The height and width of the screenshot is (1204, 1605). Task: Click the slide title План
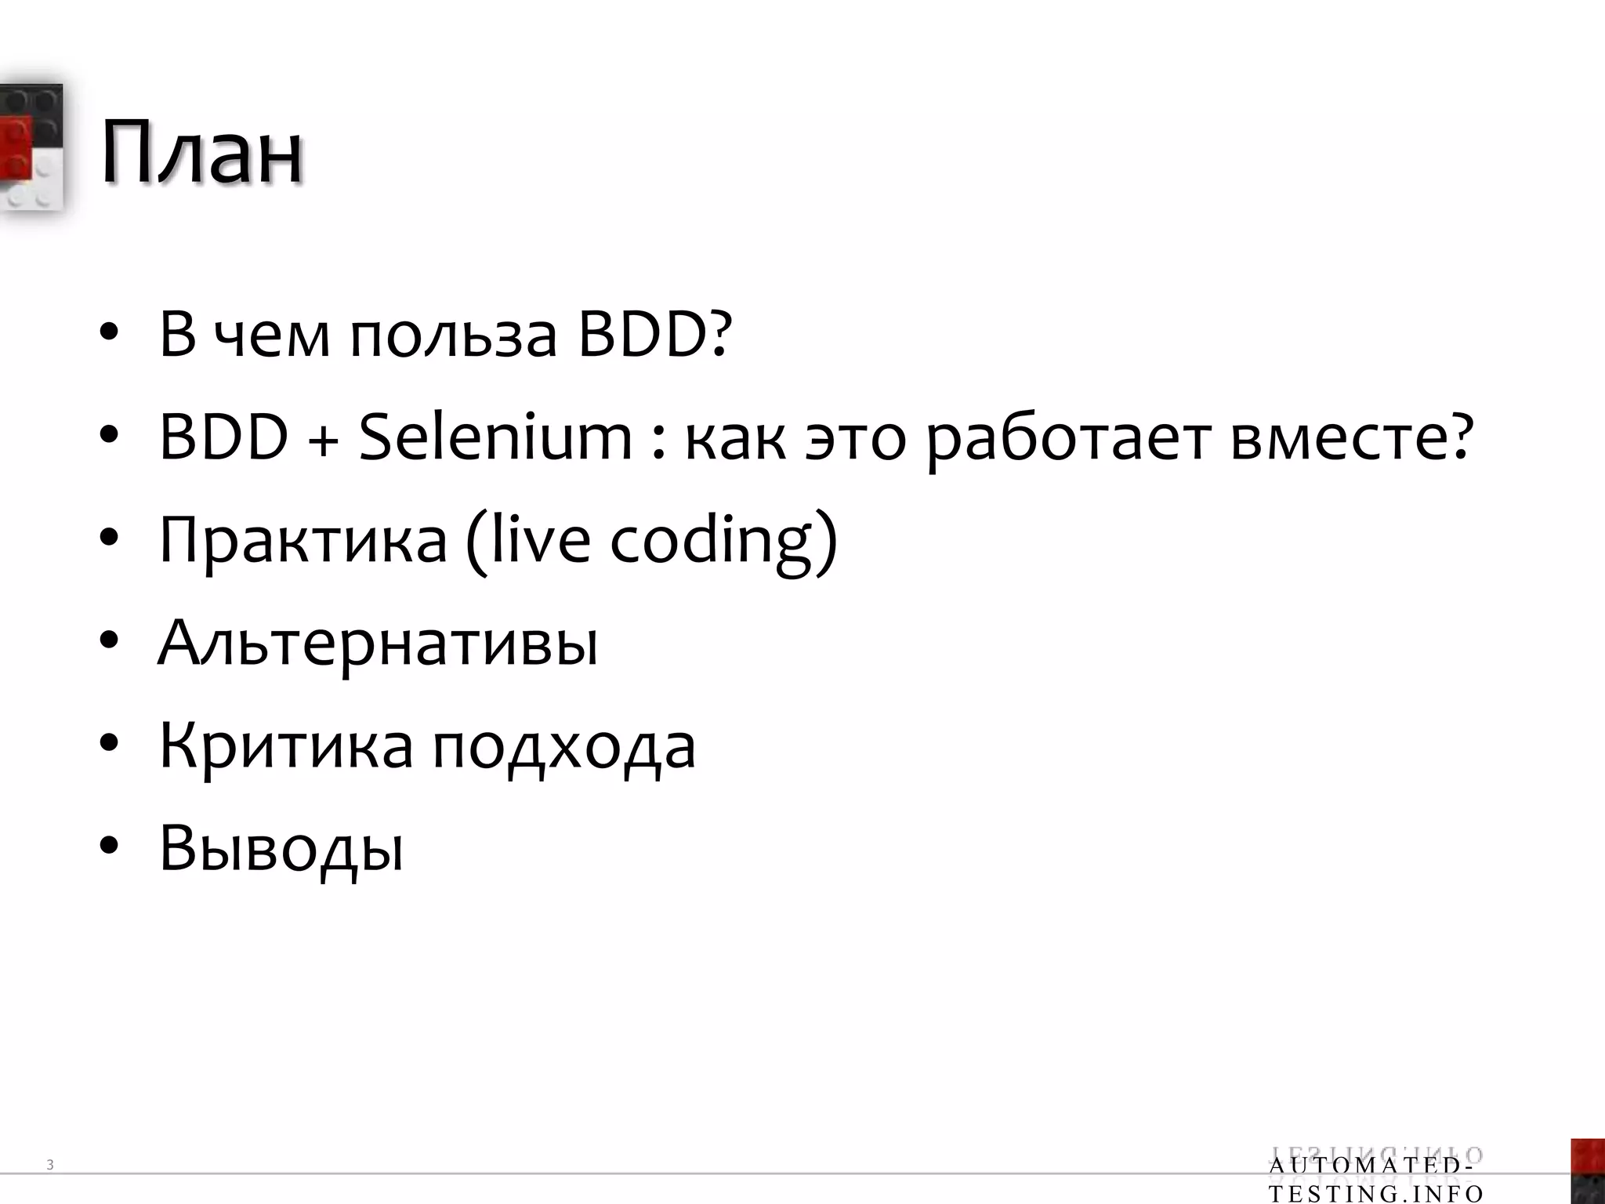coord(201,152)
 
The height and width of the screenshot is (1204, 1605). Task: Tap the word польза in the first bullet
coord(453,335)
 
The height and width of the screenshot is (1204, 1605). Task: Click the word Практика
coord(303,541)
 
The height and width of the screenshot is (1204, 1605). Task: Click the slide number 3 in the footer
coord(50,1165)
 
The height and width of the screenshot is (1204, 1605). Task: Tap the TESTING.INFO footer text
coord(1375,1195)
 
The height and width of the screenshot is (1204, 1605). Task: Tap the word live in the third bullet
coord(539,541)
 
